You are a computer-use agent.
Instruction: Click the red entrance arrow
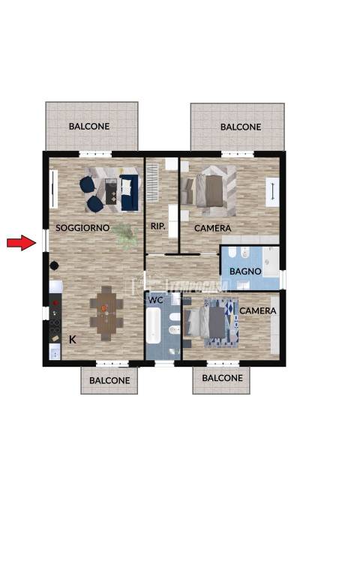tap(21, 242)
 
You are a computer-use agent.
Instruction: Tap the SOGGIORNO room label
tap(82, 228)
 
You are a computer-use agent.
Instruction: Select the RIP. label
tap(158, 226)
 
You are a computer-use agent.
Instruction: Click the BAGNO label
tap(245, 271)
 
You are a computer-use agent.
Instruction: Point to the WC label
tap(155, 300)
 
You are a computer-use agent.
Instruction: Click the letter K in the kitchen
tap(73, 340)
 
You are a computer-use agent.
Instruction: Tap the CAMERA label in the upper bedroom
tap(213, 228)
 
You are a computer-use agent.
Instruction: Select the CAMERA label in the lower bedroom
tap(258, 310)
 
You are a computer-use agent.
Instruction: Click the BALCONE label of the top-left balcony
tap(89, 126)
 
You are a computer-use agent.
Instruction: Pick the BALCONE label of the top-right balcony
tap(241, 127)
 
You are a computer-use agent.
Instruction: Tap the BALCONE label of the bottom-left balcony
tap(109, 380)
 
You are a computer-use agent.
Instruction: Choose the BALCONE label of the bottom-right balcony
tap(222, 378)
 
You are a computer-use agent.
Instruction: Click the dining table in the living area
tap(106, 313)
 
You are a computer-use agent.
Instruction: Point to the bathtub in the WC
tap(153, 325)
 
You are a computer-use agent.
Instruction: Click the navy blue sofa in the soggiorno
tap(129, 193)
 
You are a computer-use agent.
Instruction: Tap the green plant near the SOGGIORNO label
tap(126, 235)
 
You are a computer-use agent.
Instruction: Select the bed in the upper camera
tap(209, 190)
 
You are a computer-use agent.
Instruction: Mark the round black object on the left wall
tap(54, 265)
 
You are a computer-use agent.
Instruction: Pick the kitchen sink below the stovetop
tap(55, 352)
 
